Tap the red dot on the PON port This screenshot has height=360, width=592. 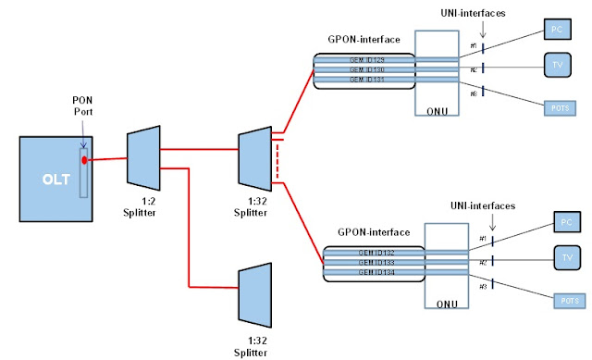(84, 160)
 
